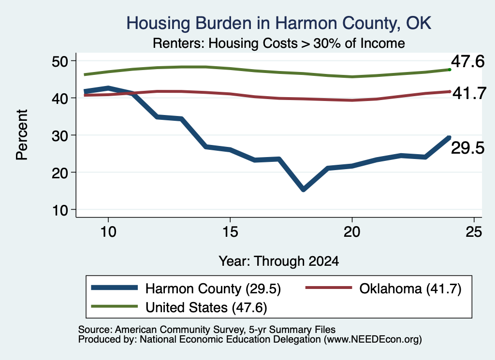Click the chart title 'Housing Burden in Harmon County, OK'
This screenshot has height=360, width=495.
(x=279, y=23)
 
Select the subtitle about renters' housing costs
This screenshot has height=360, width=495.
(x=279, y=43)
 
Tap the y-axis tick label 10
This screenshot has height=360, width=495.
(x=60, y=210)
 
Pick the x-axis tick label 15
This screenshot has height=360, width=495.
(x=230, y=232)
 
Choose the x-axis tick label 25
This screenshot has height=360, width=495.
(x=474, y=232)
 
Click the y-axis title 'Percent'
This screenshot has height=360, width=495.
(x=22, y=135)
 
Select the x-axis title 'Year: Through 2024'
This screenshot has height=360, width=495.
(x=279, y=261)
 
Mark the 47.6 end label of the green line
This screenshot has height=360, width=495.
(x=467, y=61)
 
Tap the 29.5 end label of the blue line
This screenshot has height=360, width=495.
(x=467, y=148)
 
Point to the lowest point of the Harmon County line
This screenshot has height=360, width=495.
(x=304, y=189)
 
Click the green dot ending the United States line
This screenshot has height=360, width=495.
(x=450, y=70)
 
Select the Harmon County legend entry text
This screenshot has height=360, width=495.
(x=213, y=288)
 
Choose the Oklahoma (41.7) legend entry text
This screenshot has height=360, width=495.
(x=410, y=288)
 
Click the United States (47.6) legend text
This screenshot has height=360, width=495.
(x=206, y=308)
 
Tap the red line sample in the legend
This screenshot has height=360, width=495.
(x=329, y=288)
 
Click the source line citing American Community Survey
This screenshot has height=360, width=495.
(x=207, y=330)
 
